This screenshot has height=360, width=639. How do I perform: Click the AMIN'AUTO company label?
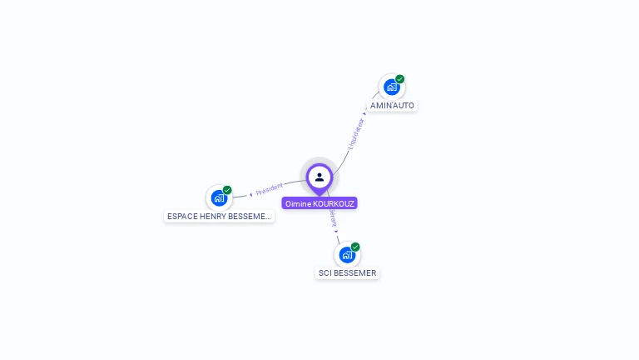coord(392,106)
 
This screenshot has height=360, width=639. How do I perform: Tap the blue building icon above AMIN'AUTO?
coord(391,87)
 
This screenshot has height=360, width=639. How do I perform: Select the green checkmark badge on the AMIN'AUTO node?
coord(400,79)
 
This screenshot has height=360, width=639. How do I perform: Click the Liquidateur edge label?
coord(355,133)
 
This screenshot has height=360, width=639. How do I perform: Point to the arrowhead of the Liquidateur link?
coord(365,112)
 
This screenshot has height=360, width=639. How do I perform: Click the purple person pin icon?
coord(319,177)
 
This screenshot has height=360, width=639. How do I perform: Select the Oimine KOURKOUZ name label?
coord(319,203)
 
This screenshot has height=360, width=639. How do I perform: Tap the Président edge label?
coord(270,189)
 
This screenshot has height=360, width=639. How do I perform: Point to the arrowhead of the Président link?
coord(250,194)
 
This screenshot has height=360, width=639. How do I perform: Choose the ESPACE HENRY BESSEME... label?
coord(219,217)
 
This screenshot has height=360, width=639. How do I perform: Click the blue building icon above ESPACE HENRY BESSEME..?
coord(218,197)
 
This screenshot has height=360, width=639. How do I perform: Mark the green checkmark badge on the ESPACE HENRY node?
coord(227,190)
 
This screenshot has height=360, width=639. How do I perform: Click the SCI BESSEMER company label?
coord(347,273)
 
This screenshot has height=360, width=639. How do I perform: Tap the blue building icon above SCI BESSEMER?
coord(346,254)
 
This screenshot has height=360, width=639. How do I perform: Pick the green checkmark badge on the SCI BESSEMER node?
coord(355,247)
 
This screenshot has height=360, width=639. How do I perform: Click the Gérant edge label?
coord(332,217)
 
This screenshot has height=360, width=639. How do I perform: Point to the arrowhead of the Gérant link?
coord(336,231)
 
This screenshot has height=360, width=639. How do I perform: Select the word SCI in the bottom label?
coord(325,273)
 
